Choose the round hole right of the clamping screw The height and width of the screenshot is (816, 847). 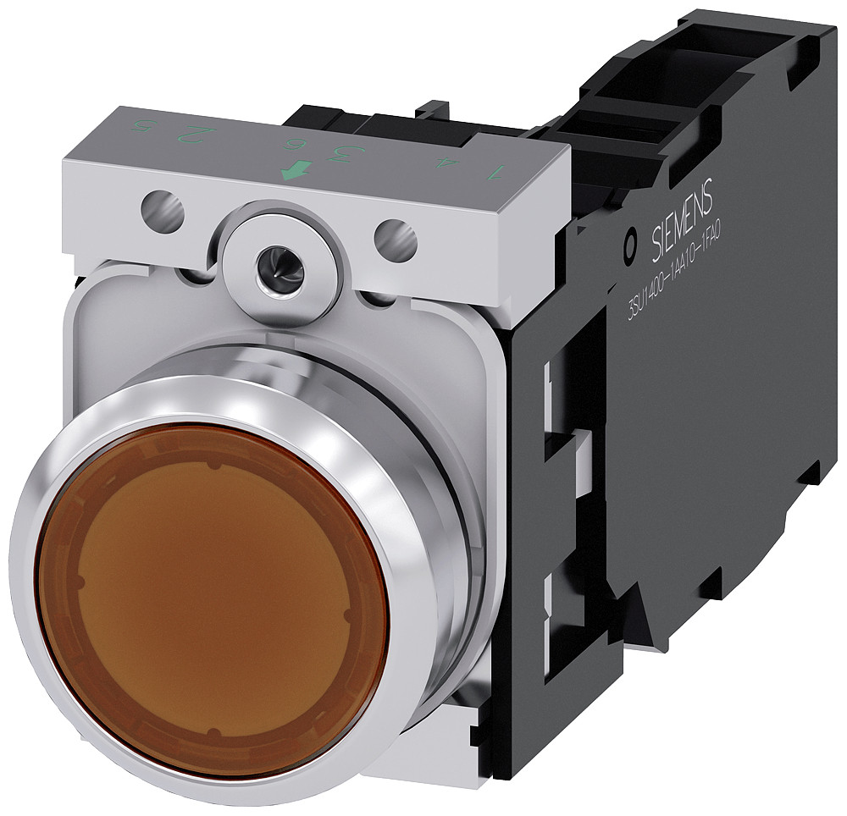click(x=396, y=240)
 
